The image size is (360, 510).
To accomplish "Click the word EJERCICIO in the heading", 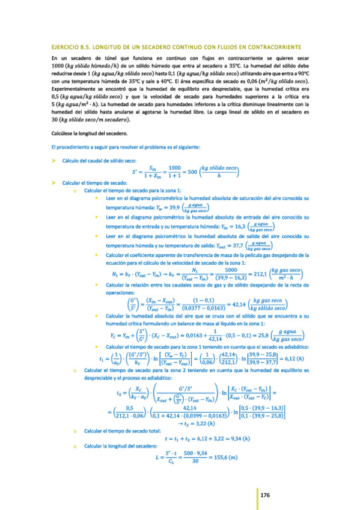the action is (67, 47).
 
